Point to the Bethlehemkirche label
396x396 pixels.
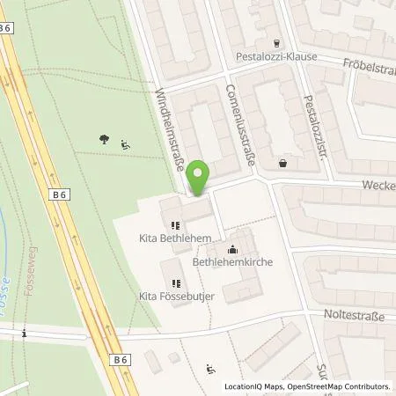(x=232, y=262)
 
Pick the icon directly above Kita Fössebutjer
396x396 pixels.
(x=176, y=283)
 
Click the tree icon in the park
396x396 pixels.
(x=105, y=138)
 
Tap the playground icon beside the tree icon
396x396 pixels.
(x=124, y=146)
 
